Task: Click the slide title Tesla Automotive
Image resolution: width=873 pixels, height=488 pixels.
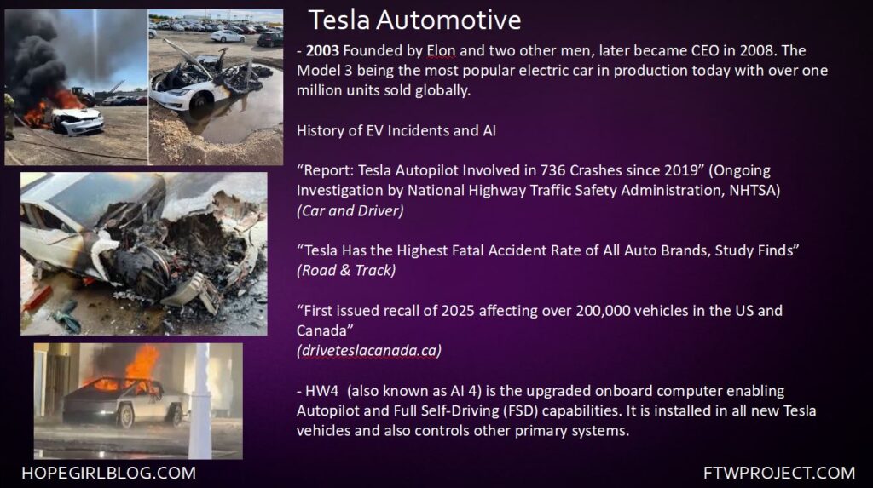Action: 415,20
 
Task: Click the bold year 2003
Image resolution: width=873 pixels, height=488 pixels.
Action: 322,50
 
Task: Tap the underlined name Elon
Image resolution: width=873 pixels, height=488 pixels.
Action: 441,50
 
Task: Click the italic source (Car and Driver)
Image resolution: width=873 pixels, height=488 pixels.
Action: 350,210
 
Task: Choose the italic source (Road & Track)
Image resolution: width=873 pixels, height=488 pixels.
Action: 346,271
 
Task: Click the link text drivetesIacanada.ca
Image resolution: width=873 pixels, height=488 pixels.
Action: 369,351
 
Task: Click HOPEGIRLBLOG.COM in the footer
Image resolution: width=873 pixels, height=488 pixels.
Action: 108,473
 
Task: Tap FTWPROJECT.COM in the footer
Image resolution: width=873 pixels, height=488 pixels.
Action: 779,473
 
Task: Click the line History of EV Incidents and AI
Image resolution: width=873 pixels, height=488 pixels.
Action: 396,130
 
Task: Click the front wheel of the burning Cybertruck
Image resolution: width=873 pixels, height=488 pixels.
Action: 124,415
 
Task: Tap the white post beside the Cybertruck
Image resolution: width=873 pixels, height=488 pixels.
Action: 200,400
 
